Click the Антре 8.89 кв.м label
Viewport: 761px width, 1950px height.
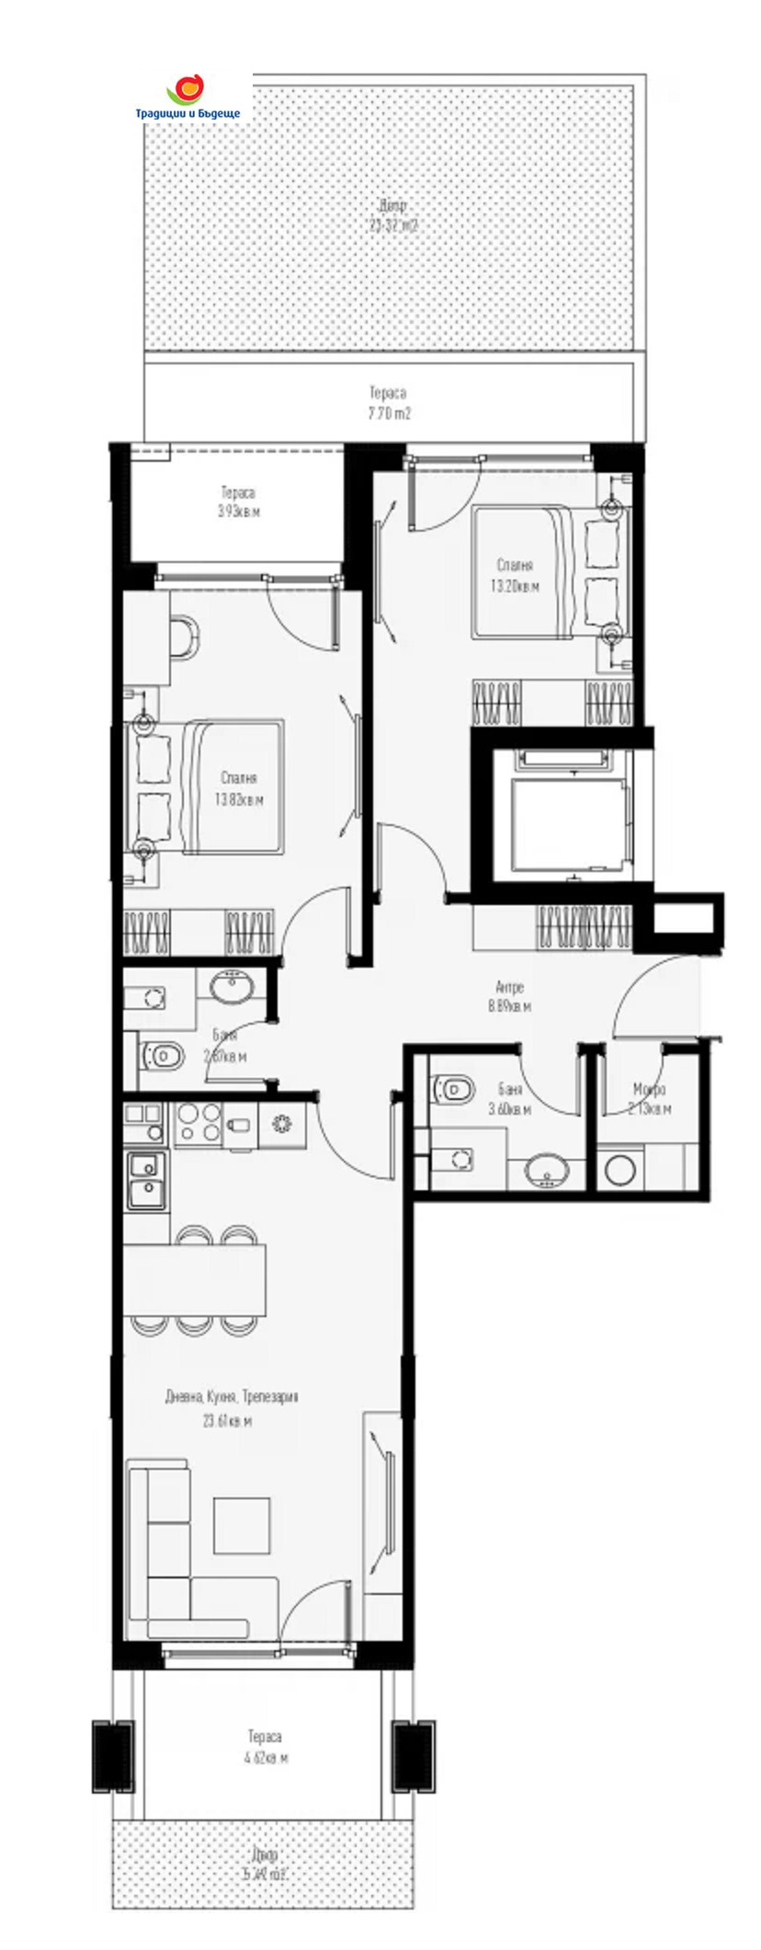[509, 997]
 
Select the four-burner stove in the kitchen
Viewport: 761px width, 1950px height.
[198, 1124]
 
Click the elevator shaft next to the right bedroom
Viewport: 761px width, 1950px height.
[562, 811]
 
